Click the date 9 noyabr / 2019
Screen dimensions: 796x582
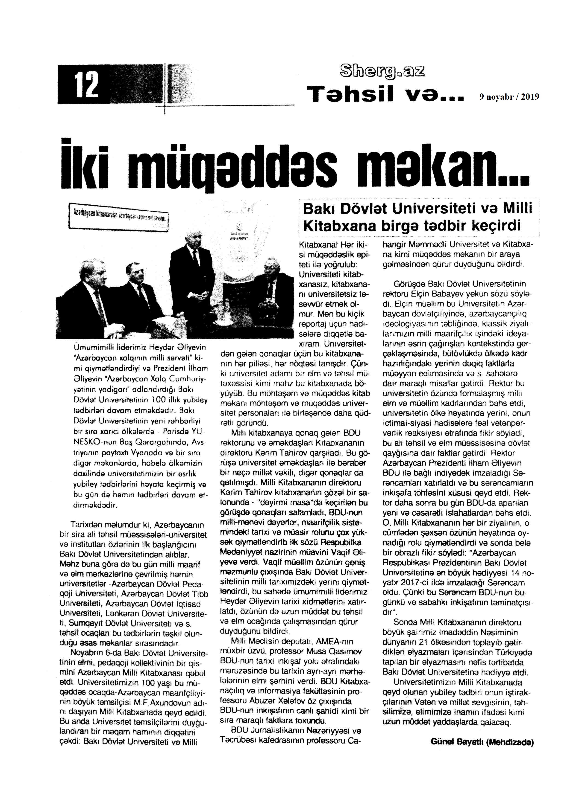coord(509,97)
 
